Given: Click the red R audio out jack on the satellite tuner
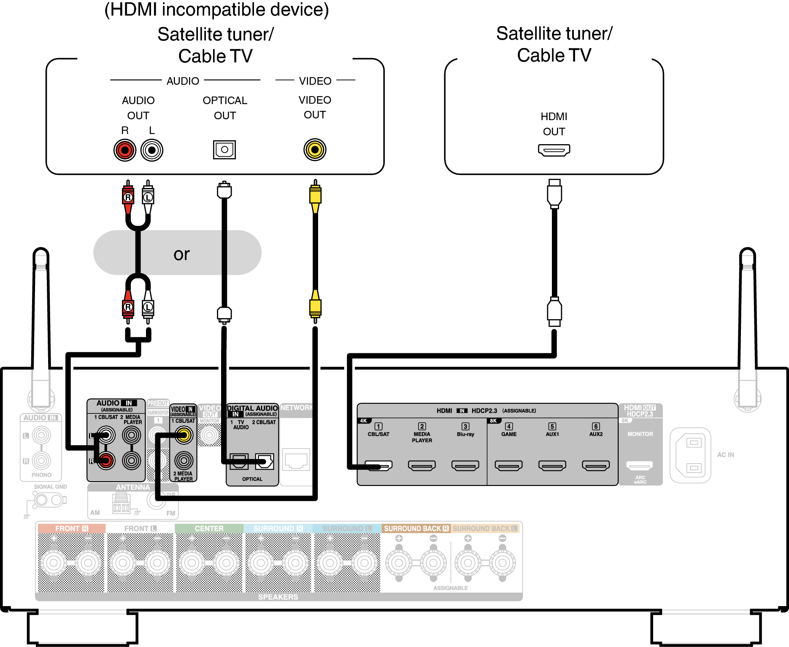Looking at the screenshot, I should pyautogui.click(x=125, y=150).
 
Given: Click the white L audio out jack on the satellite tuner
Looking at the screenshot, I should pyautogui.click(x=152, y=150).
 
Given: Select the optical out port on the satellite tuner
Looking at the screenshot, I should pyautogui.click(x=224, y=150).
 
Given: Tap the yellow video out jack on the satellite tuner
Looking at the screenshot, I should pyautogui.click(x=315, y=150).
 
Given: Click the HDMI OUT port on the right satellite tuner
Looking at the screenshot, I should pyautogui.click(x=554, y=150).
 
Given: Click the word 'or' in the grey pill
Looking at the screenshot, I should pyautogui.click(x=181, y=254).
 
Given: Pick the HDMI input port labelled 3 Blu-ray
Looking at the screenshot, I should pyautogui.click(x=465, y=465).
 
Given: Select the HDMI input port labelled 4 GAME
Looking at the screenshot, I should pyautogui.click(x=508, y=465).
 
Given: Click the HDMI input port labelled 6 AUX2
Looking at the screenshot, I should pyautogui.click(x=596, y=465).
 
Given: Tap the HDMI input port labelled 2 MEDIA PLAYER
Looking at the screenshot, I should pyautogui.click(x=422, y=465).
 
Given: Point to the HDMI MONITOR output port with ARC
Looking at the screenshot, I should pyautogui.click(x=640, y=465).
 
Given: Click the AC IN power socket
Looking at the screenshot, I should pyautogui.click(x=690, y=455).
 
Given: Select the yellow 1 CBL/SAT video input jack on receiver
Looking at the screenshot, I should pyautogui.click(x=184, y=435).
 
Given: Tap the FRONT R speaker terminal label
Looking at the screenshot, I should pyautogui.click(x=71, y=529).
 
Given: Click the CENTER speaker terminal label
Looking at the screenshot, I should pyautogui.click(x=209, y=529).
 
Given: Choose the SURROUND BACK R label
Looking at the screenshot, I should pyautogui.click(x=416, y=529).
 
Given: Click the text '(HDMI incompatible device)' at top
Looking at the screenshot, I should pyautogui.click(x=216, y=10).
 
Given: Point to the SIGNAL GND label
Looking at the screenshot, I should pyautogui.click(x=50, y=486).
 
